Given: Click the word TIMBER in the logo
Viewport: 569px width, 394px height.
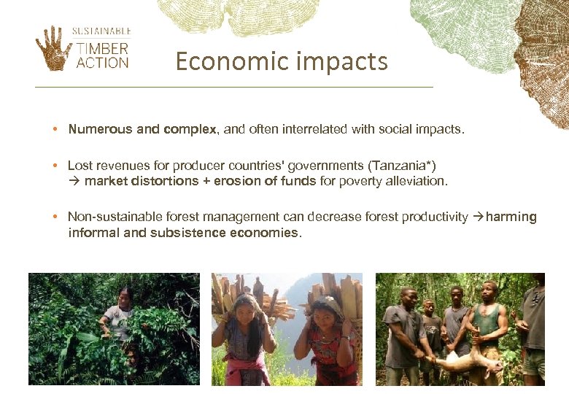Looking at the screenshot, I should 102,49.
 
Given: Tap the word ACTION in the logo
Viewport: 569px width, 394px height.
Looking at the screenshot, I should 102,62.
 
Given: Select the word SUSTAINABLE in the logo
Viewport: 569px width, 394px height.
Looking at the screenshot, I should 101,31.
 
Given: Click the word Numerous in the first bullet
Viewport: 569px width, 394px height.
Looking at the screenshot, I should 100,129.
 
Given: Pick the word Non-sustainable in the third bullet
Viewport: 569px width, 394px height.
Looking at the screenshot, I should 117,217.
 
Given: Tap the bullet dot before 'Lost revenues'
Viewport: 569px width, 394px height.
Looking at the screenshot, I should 55,166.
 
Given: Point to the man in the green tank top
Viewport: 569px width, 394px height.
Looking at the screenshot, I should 484,321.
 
